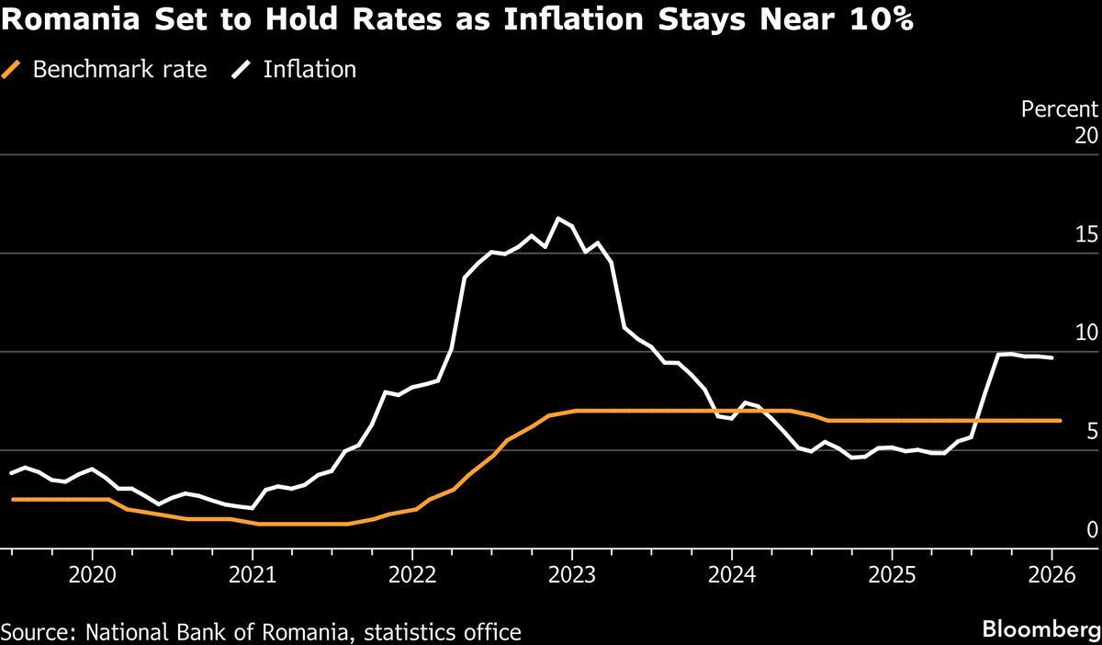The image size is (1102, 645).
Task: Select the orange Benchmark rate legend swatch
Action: tap(12, 69)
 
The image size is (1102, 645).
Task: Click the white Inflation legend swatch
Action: tap(243, 69)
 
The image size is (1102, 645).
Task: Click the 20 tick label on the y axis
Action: tap(1085, 136)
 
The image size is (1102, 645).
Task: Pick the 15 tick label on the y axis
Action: tap(1086, 234)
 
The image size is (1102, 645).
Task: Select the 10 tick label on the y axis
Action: tap(1086, 333)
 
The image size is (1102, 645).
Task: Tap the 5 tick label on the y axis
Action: tap(1092, 431)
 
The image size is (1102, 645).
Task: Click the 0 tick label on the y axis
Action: tap(1092, 529)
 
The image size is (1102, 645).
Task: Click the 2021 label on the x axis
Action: tap(253, 575)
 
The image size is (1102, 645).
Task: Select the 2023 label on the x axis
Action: tap(572, 575)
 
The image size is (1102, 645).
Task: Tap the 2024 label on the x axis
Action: tap(732, 575)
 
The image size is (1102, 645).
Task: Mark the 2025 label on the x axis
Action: tap(892, 575)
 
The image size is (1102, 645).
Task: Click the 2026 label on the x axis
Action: tap(1051, 575)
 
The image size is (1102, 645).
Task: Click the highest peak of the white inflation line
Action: tap(557, 218)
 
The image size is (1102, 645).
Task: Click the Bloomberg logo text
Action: tap(1040, 629)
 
